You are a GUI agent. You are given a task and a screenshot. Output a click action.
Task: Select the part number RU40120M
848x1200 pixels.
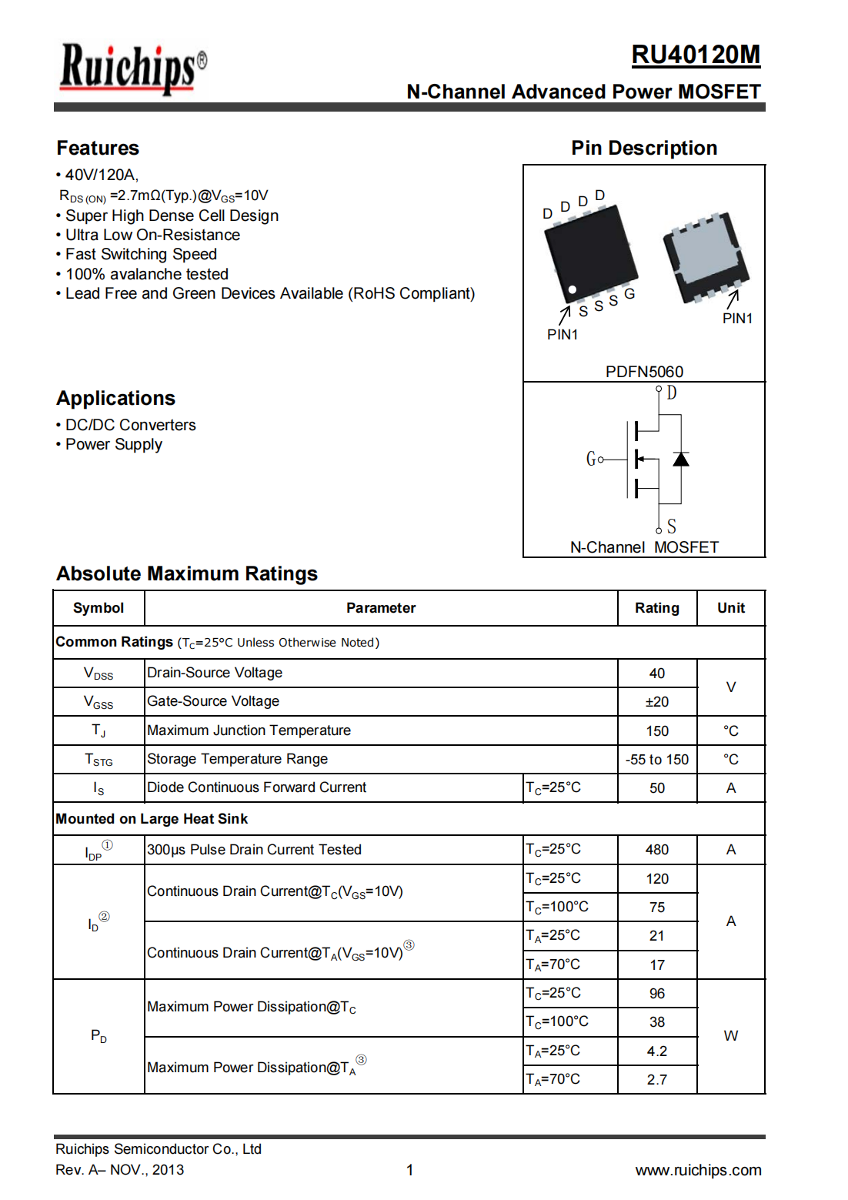pos(695,55)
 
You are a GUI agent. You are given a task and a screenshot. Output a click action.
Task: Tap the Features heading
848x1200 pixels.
pos(98,148)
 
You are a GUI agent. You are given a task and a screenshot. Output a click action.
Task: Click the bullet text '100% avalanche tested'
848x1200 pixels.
pos(146,274)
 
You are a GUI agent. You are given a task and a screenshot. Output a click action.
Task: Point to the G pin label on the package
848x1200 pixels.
pos(629,294)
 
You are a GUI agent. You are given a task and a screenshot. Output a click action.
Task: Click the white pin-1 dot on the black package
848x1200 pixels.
pos(573,289)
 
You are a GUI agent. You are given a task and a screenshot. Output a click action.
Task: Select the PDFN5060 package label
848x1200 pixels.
pos(644,372)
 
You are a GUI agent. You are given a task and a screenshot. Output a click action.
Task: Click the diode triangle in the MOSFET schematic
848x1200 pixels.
pos(680,460)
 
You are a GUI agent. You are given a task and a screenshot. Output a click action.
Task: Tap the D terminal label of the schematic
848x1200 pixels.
pos(672,393)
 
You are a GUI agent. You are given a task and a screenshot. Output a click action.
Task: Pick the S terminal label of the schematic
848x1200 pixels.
pos(672,526)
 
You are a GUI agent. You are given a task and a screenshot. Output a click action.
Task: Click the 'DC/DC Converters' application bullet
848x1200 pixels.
pos(130,425)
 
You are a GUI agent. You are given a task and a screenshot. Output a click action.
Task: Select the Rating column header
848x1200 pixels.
pos(656,608)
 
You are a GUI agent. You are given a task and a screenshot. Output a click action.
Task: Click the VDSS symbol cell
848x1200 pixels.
pos(98,674)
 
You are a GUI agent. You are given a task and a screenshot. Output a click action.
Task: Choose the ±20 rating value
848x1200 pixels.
pos(656,702)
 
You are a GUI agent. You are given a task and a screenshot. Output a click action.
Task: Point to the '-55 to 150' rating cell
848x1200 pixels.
pos(656,760)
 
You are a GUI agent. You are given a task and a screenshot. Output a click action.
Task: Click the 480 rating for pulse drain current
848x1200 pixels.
pos(656,850)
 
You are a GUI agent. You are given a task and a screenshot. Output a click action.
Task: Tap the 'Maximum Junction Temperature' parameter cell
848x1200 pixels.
pos(249,730)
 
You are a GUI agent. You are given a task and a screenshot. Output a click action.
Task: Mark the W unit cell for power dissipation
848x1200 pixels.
pos(730,1036)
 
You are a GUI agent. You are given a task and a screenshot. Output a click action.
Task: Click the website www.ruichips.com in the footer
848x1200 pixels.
pos(698,1170)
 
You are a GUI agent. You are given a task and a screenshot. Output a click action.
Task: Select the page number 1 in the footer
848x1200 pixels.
pos(410,1170)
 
